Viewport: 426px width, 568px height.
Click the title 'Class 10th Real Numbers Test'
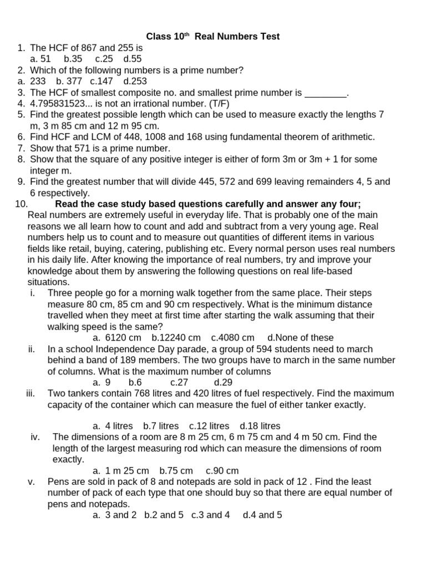[x=212, y=37]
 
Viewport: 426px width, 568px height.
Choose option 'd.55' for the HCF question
[x=133, y=59]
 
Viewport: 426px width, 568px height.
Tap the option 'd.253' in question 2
[x=135, y=81]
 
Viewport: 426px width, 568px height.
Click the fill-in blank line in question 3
[x=326, y=93]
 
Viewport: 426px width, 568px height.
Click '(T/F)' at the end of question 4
[x=217, y=104]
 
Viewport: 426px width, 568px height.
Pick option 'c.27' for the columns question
[x=179, y=382]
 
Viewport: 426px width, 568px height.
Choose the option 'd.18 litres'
[x=260, y=426]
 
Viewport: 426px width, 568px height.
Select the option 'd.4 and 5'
[x=262, y=515]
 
